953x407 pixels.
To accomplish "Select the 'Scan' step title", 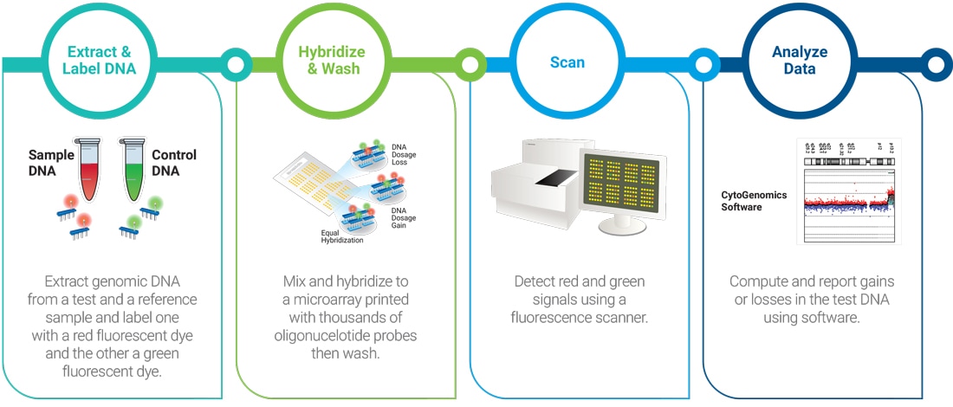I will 567,62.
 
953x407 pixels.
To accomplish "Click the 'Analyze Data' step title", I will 799,61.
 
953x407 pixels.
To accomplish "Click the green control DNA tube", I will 133,169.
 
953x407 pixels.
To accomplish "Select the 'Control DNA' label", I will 173,163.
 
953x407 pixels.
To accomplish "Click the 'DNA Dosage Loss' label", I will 405,155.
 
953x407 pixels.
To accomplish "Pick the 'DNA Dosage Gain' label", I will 405,216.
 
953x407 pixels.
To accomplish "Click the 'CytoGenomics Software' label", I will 754,201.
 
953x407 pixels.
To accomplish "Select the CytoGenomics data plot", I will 848,192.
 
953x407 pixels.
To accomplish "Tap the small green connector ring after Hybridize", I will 469,63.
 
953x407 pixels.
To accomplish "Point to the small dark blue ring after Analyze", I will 935,63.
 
